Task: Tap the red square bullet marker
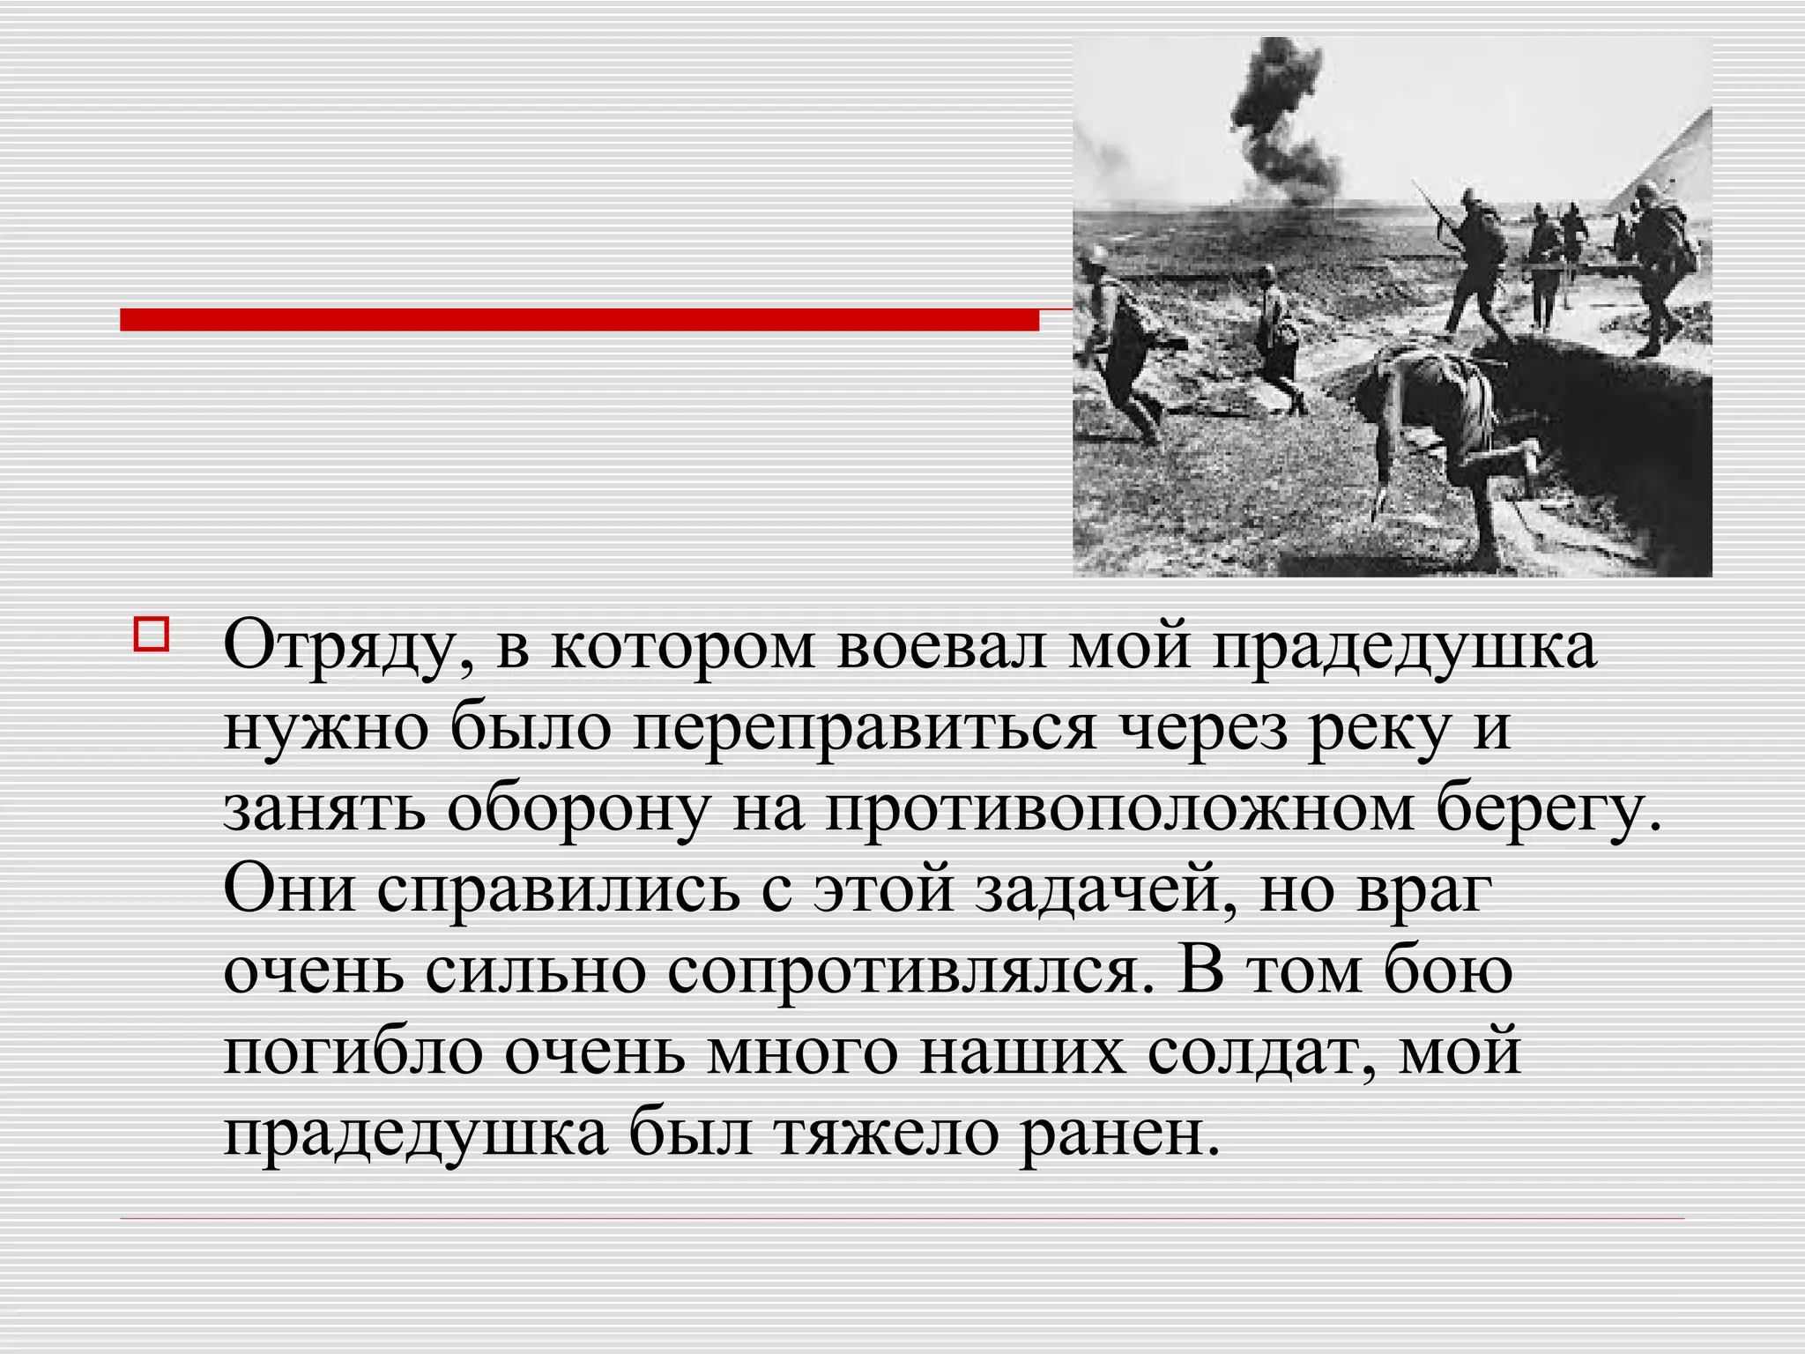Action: (150, 635)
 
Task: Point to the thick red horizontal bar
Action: (579, 319)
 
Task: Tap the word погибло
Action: (353, 1052)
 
